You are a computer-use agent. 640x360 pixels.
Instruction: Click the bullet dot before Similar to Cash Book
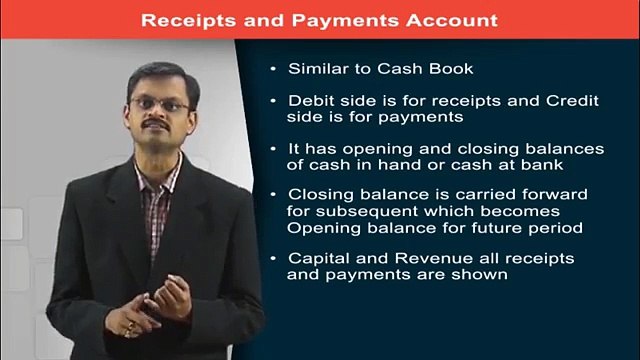coord(273,69)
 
